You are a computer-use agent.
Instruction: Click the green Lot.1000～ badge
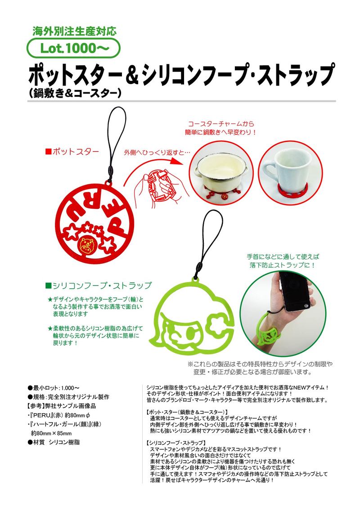(73, 48)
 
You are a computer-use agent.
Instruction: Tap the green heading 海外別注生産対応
(74, 32)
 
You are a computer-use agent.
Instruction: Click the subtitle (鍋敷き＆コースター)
(75, 94)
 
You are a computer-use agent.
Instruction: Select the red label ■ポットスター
(72, 152)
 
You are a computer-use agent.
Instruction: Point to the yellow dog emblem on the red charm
(87, 245)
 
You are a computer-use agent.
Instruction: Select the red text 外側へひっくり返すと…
(157, 152)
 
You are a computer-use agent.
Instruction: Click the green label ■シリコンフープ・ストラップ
(99, 285)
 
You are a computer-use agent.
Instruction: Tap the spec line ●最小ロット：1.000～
(54, 388)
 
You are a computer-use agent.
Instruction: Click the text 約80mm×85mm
(51, 433)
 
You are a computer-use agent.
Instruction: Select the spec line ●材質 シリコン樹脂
(54, 442)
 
